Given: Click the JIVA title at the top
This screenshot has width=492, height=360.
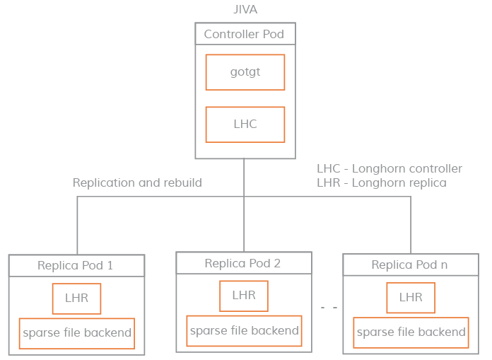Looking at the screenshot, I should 245,9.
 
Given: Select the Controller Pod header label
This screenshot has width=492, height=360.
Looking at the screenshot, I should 245,34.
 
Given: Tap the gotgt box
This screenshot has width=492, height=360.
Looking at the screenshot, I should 245,72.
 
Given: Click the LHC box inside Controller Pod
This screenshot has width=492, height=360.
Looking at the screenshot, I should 245,124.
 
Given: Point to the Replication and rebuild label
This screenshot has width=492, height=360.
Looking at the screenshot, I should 137,182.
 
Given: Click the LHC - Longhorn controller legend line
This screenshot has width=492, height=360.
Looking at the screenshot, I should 389,168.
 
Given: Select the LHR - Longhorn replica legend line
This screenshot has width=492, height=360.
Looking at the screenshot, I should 382,182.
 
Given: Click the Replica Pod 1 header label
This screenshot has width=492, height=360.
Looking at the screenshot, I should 76,266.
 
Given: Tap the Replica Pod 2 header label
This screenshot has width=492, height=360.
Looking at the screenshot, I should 242,263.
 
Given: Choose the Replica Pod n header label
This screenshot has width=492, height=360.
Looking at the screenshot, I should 409,265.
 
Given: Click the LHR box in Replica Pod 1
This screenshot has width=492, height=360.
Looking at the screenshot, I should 76,298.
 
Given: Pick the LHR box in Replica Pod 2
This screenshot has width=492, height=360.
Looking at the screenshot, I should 243,295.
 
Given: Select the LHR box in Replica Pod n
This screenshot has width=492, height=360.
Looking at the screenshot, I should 410,298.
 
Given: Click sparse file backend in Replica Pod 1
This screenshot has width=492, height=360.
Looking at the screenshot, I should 76,332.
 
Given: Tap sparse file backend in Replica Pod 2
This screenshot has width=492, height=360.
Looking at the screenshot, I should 244,330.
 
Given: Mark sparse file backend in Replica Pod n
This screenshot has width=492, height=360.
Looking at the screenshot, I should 411,332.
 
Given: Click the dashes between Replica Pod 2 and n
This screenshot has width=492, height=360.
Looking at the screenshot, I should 328,308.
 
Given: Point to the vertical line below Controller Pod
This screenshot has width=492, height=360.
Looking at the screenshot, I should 245,177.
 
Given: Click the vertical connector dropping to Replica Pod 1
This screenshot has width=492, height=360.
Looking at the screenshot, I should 77,225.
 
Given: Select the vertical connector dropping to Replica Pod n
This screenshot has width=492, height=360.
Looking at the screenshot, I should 411,225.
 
